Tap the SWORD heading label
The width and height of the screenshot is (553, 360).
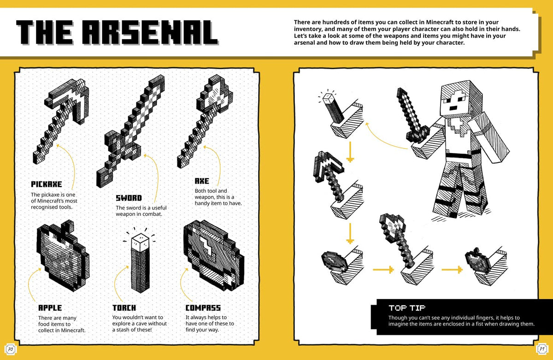pos(129,198)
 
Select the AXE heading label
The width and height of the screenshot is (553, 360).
pos(202,181)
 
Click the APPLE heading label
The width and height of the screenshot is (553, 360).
pos(50,307)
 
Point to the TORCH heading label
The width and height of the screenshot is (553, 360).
pos(124,307)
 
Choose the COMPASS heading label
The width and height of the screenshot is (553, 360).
pos(203,307)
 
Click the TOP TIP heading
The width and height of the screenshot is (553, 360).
pos(406,307)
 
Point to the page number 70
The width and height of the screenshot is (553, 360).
pos(10,350)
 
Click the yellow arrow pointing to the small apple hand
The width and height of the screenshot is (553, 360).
pos(451,269)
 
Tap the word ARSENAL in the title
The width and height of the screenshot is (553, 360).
pos(153,33)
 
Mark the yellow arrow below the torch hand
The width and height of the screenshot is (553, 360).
pos(350,152)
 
